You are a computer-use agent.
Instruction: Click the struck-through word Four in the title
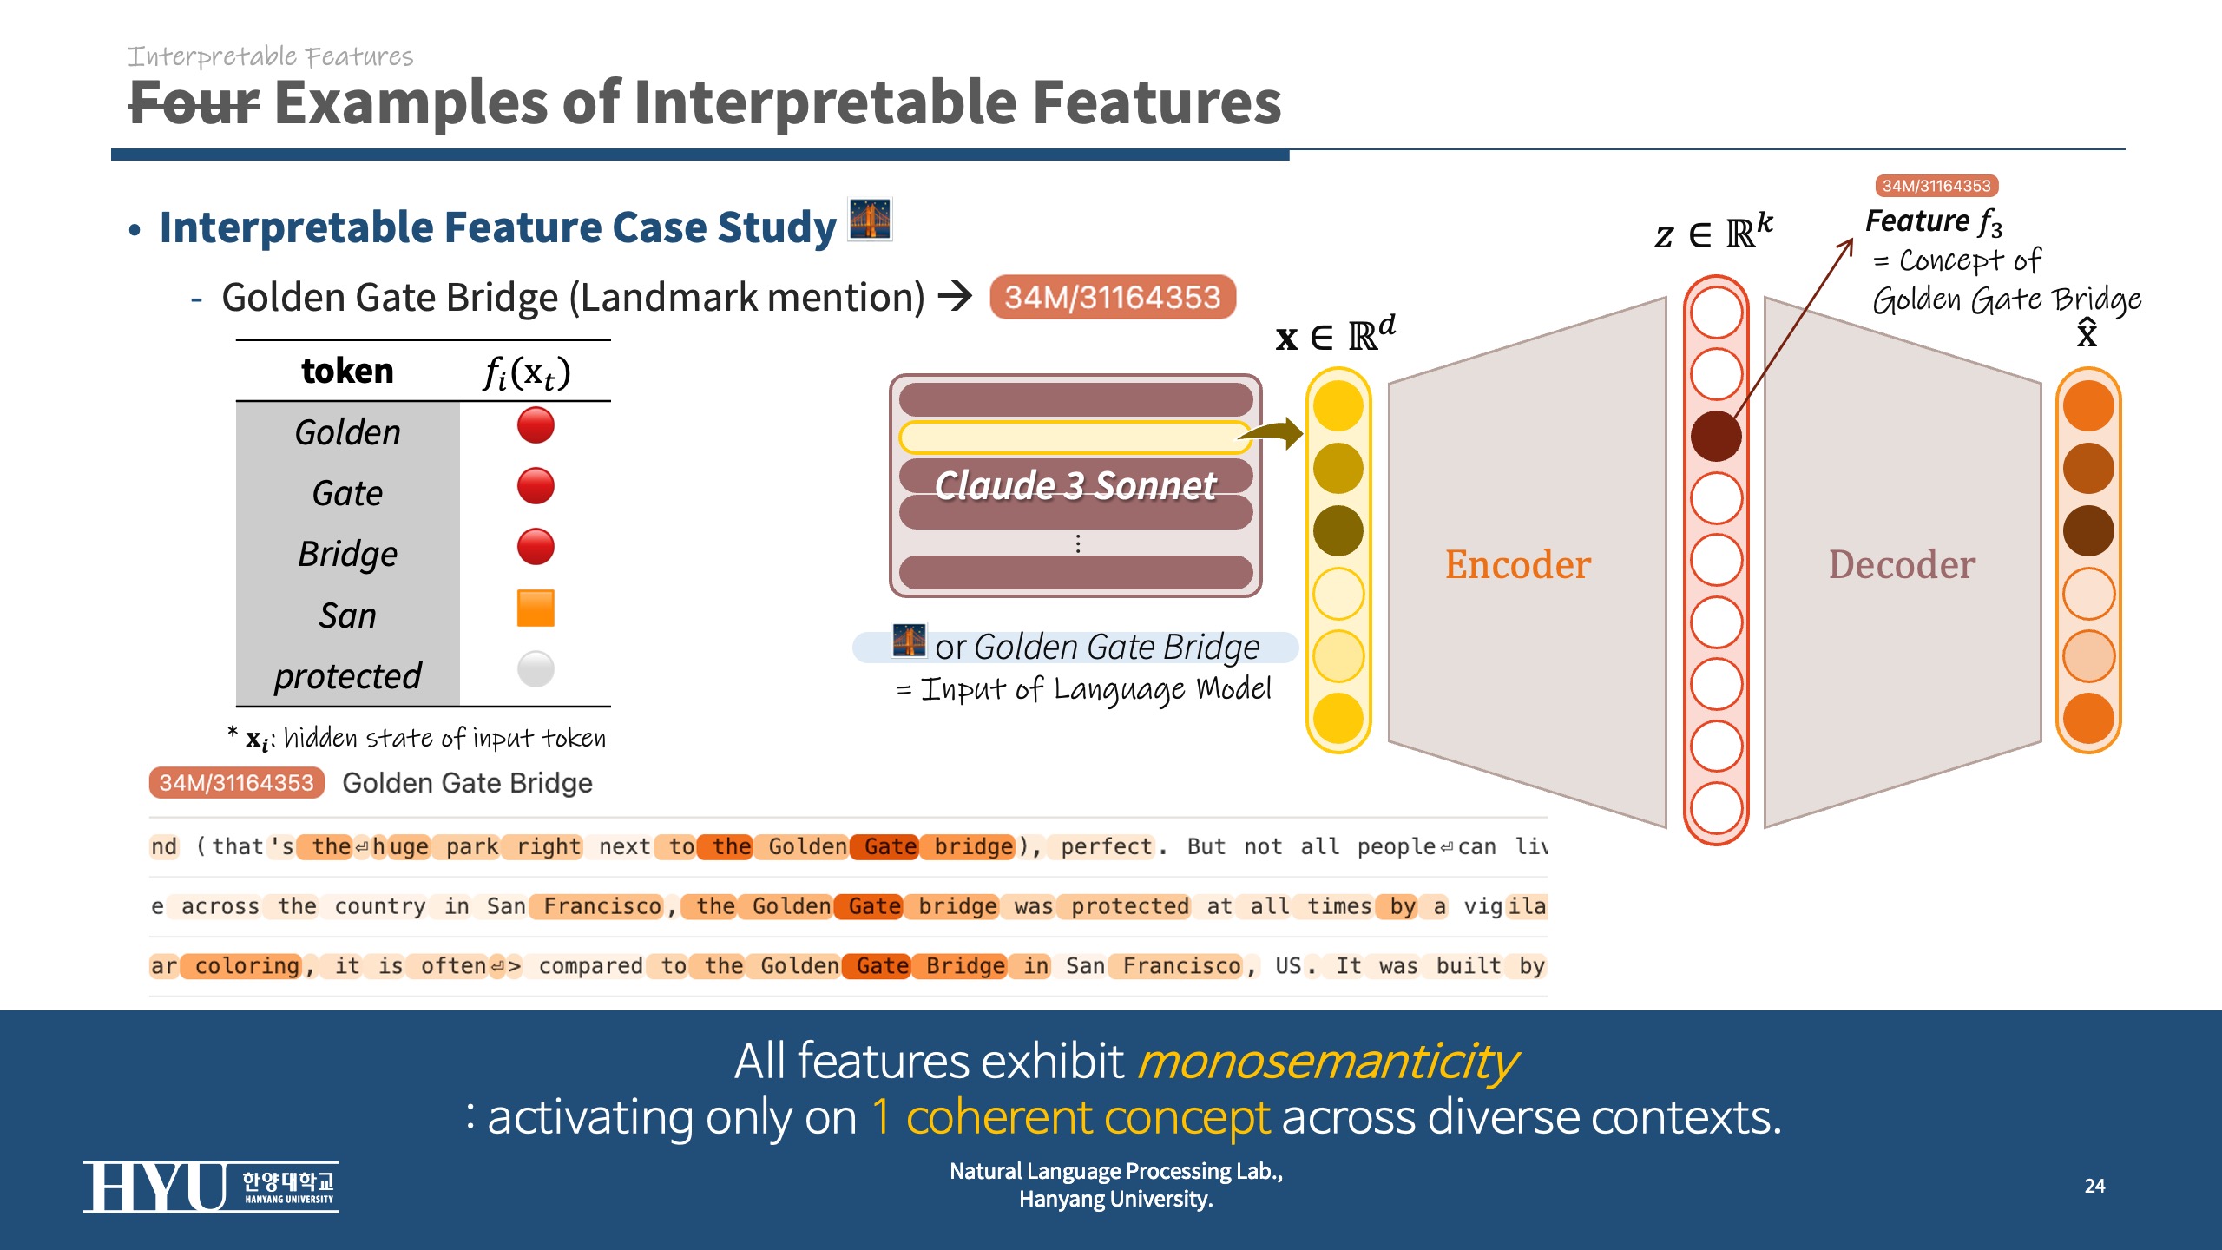click(194, 103)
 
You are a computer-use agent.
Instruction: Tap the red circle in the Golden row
click(536, 425)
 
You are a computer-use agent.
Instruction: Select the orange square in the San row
click(536, 608)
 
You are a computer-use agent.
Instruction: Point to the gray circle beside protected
click(536, 669)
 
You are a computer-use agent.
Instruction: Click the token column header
click(347, 371)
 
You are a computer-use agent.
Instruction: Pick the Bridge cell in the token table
click(347, 554)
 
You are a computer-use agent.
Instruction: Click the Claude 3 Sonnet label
click(1075, 485)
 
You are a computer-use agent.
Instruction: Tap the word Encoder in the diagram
click(1517, 564)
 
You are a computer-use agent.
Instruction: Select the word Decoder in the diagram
click(1902, 564)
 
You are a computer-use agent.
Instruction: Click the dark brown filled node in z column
click(1716, 436)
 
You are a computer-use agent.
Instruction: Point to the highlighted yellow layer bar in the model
click(1074, 437)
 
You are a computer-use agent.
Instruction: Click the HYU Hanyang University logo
click(211, 1187)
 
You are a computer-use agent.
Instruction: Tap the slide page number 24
click(2094, 1186)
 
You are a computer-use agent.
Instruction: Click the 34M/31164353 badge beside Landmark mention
click(1113, 298)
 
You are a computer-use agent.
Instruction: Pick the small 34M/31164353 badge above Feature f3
click(1936, 186)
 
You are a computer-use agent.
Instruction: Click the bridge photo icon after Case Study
click(870, 220)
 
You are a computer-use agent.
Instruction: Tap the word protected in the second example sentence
click(1129, 906)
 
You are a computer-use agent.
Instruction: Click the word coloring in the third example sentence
click(247, 966)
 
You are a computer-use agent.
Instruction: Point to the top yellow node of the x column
click(1338, 405)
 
